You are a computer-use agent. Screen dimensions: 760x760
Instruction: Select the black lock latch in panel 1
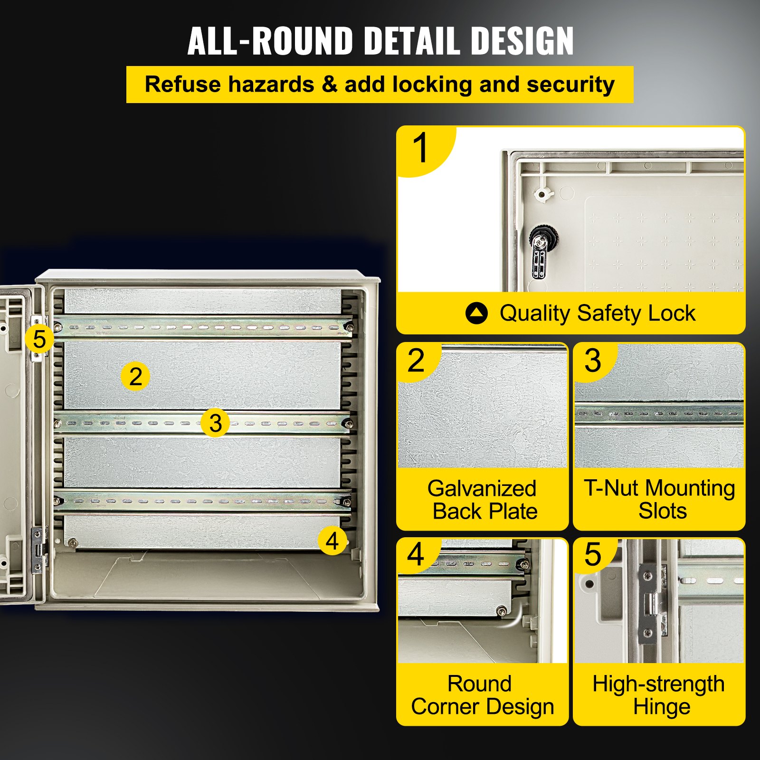(x=539, y=252)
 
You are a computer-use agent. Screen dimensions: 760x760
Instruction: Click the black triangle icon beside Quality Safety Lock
(x=476, y=313)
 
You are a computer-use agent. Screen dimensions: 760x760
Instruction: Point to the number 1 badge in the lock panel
(x=421, y=148)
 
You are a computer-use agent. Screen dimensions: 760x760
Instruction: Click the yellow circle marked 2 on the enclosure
(x=135, y=377)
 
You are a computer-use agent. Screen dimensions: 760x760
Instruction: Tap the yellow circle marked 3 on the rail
(x=215, y=423)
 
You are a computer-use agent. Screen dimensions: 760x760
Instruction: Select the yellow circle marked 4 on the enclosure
(x=332, y=541)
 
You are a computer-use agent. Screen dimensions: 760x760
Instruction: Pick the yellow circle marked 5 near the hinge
(x=39, y=339)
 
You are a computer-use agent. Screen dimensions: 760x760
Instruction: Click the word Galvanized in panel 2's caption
(x=482, y=488)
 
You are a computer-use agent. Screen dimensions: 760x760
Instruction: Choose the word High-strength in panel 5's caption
(x=658, y=684)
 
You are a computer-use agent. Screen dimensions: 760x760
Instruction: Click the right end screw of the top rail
(x=349, y=326)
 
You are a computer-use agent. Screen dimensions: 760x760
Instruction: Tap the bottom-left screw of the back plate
(x=72, y=542)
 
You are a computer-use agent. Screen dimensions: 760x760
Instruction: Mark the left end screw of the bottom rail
(x=58, y=501)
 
